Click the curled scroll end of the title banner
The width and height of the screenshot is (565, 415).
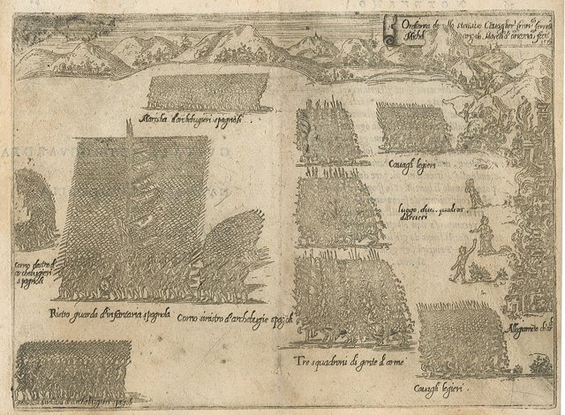coord(388,36)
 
